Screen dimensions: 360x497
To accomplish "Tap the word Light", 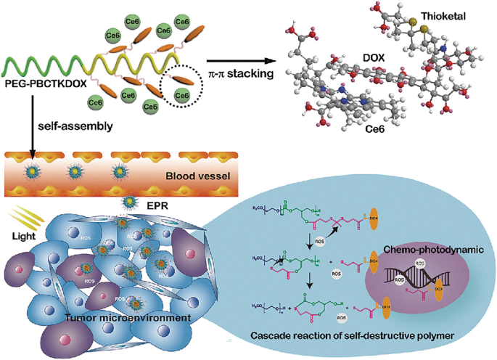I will coord(25,237).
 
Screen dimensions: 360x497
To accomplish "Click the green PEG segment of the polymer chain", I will coord(44,67).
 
